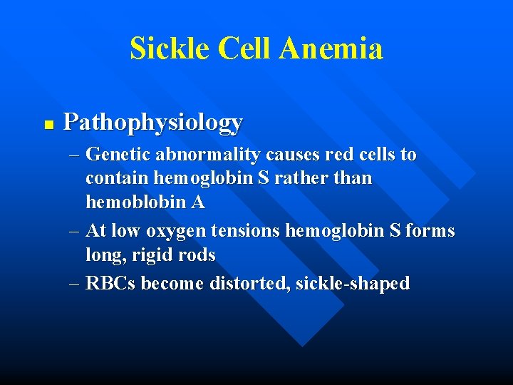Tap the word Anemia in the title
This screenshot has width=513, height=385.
331,48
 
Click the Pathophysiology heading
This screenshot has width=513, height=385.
153,123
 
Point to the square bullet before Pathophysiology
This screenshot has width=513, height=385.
48,124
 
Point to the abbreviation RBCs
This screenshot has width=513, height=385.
110,283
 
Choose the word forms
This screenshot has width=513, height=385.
431,230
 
